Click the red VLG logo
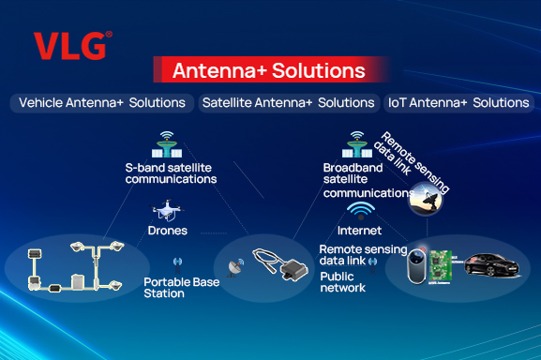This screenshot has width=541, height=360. tap(72, 45)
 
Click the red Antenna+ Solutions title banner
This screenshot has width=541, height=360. tap(268, 70)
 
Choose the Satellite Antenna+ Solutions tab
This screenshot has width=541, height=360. tap(288, 102)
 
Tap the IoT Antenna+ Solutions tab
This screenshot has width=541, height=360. tap(459, 102)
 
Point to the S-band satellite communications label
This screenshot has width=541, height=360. tap(172, 172)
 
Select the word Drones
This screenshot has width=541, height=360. tap(168, 231)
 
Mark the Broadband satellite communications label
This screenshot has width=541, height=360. tap(361, 179)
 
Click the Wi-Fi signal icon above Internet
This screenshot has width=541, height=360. tap(360, 210)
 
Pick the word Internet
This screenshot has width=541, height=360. tap(359, 231)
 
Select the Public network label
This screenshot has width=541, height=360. tap(342, 282)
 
